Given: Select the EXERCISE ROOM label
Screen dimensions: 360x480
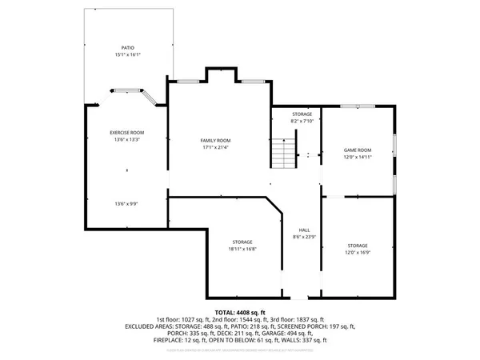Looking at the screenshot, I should tap(126, 132).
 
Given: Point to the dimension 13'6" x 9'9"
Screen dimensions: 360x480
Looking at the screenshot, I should tap(126, 204).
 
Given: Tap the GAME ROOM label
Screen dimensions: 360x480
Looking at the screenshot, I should tap(358, 150).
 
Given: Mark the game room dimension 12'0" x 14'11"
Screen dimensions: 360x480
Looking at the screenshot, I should tap(358, 157).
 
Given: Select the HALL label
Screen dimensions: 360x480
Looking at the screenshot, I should tap(304, 229).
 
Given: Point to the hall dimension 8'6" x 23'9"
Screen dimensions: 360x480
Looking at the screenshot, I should tap(304, 236).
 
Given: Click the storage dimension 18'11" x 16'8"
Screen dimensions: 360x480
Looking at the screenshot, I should tap(242, 249).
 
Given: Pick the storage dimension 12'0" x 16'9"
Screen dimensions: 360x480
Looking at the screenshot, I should tap(358, 253).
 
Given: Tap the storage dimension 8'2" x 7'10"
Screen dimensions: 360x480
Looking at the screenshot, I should tap(302, 121).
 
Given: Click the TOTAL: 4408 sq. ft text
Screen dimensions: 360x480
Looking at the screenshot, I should tap(240, 311).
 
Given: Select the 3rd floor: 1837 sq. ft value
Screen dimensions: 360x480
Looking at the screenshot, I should tap(308, 319).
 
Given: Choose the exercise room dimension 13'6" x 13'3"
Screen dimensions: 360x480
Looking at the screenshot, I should tap(126, 139).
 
